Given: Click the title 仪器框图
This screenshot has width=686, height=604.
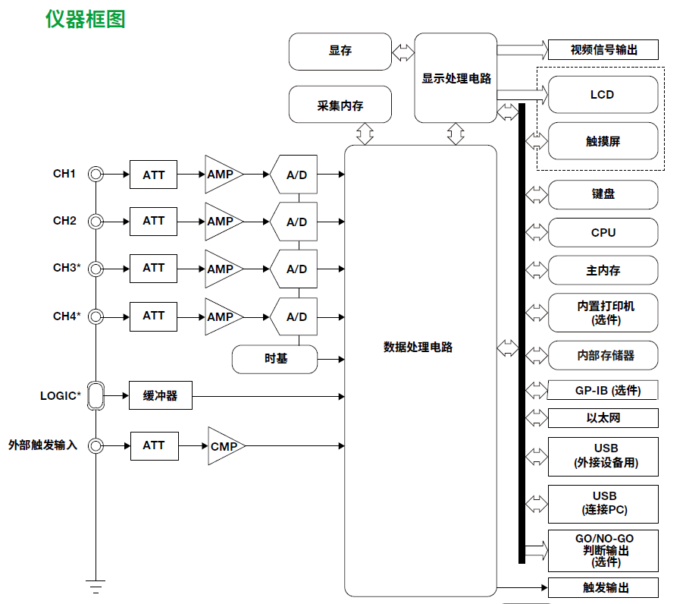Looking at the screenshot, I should pos(86,20).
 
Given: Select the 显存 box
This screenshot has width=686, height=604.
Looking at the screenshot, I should pos(340,52).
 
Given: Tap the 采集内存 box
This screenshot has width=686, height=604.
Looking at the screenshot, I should pos(340,105).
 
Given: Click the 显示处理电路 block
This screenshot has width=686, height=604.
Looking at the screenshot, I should pos(456,78).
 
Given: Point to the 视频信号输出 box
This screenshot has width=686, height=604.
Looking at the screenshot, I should pos(603,50).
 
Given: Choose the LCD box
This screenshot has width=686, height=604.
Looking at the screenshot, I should pos(603,95).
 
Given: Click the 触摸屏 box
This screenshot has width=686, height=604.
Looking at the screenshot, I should pos(603,141).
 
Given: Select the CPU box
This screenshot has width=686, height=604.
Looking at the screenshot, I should pos(603,233).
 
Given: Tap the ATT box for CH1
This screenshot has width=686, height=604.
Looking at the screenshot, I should pos(154,175).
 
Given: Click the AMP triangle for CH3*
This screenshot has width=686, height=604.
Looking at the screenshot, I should pos(221,269).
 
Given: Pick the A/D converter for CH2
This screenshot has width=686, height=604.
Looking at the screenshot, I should pos(295,222).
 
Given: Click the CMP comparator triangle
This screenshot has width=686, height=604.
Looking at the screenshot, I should pos(223,446).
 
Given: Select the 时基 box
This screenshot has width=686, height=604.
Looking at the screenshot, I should pos(275,359).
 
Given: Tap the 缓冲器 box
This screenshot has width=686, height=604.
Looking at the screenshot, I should pos(160,396).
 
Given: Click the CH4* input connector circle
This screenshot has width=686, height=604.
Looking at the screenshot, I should pos(96,316).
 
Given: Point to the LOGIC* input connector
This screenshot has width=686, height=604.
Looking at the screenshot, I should pos(96,396).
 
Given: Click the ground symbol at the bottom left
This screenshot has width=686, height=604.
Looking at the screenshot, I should pos(96,585).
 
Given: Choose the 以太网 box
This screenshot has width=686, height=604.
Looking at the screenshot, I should pos(603,418).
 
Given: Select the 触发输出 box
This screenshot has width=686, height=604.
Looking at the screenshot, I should pos(603,588).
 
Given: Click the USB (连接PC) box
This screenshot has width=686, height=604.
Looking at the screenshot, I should pos(603,503).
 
